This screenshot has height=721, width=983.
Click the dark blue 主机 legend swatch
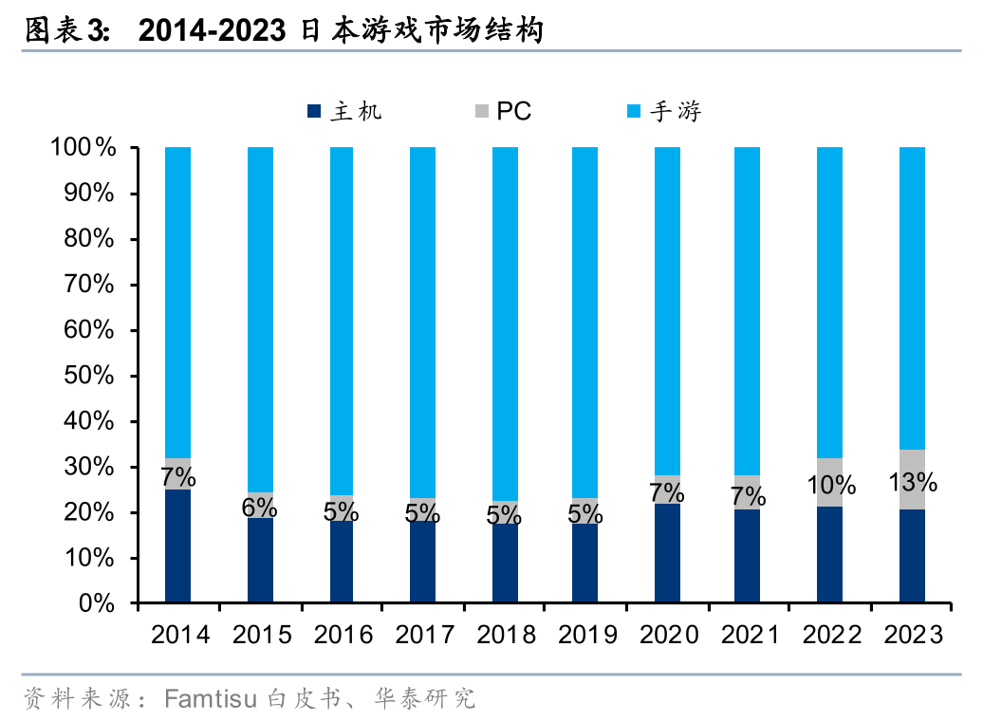tap(314, 112)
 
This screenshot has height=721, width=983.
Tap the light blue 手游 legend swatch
tap(633, 112)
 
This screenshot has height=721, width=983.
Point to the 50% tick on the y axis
tap(89, 376)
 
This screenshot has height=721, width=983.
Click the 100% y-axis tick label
tap(83, 148)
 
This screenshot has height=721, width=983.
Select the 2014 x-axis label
tap(180, 635)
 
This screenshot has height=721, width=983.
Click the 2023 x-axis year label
tap(913, 635)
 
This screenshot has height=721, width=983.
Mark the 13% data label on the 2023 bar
tap(913, 482)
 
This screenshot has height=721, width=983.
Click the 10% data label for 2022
tap(831, 487)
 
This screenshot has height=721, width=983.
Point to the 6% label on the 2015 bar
tap(259, 508)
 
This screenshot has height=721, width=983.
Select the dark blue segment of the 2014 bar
tap(177, 545)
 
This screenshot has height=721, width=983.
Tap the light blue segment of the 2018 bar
tap(505, 323)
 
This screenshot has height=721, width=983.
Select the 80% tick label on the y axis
tap(89, 239)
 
